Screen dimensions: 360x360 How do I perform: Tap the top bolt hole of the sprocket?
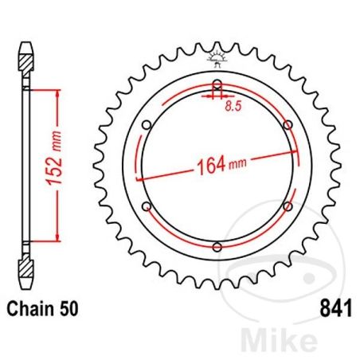(x=217, y=86)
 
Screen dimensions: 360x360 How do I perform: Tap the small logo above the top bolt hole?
(x=217, y=57)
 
